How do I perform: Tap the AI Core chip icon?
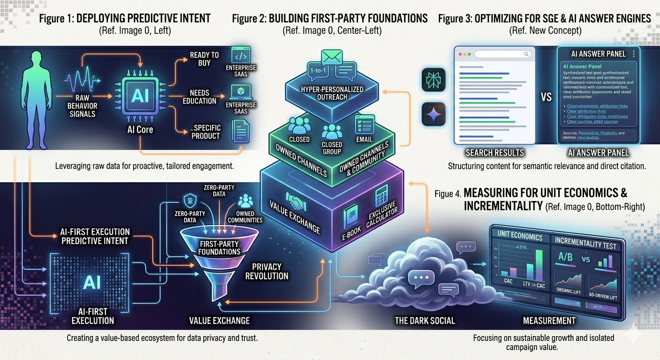[x=140, y=96]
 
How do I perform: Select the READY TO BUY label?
[x=204, y=59]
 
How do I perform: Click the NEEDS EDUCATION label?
[x=200, y=97]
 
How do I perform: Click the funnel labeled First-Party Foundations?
[x=214, y=253]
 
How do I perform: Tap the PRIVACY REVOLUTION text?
[x=267, y=271]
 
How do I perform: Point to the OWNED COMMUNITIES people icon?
[x=245, y=201]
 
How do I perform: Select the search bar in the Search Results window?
[x=500, y=54]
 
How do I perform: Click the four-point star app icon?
[x=434, y=114]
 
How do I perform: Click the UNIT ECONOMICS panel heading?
[x=519, y=237]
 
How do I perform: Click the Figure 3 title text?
[x=544, y=19]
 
